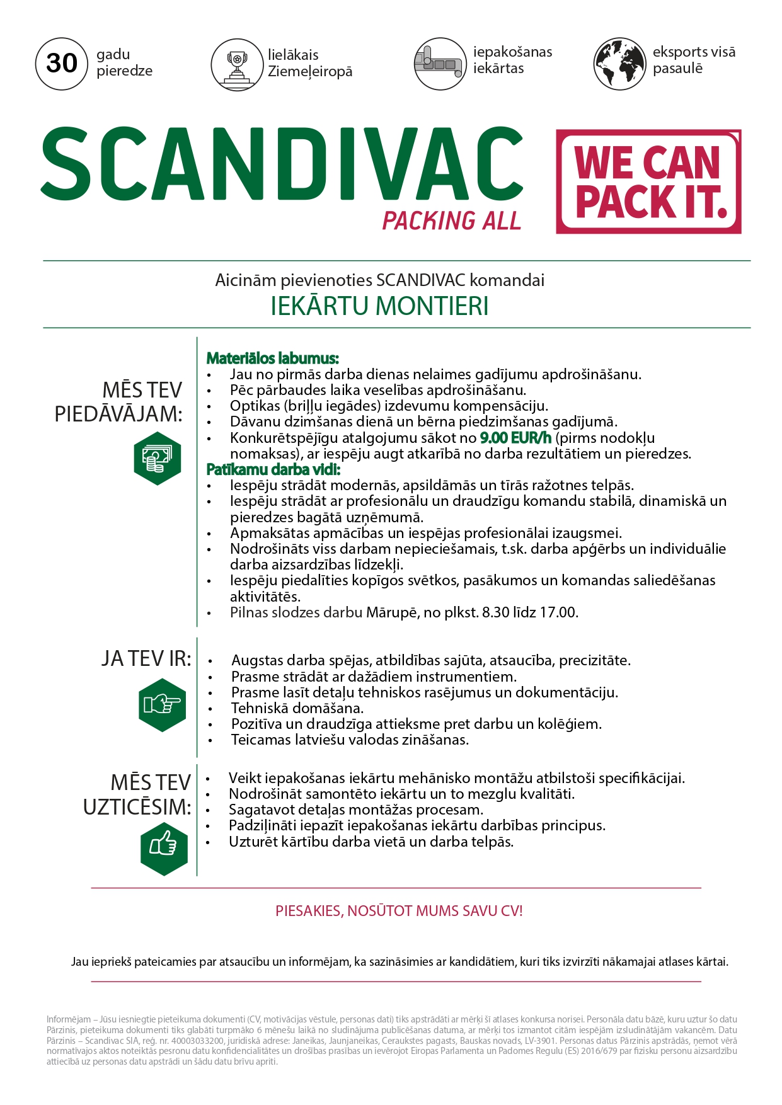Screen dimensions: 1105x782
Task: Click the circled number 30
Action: pos(61,63)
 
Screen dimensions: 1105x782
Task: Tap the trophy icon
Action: pos(237,64)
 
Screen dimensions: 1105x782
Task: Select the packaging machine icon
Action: pos(440,63)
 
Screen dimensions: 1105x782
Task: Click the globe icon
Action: pos(619,63)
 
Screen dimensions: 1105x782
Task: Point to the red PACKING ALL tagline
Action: pos(451,221)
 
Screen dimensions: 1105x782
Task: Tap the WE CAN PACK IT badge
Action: pos(648,182)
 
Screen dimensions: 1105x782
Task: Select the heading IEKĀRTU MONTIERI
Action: pos(379,306)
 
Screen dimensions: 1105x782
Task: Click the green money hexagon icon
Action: pos(157,458)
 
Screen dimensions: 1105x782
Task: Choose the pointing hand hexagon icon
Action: pos(162,705)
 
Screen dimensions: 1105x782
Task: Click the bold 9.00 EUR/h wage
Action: pos(515,438)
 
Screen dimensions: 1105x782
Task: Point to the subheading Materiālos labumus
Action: pos(272,358)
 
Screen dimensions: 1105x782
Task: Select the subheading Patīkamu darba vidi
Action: pos(273,469)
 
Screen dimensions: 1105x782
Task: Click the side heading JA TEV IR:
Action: pos(146,659)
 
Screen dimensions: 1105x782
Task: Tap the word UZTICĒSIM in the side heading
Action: pos(136,807)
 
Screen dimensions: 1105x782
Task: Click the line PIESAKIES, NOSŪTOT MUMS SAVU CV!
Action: pos(399,911)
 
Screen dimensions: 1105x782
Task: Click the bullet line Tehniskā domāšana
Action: pos(297,708)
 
